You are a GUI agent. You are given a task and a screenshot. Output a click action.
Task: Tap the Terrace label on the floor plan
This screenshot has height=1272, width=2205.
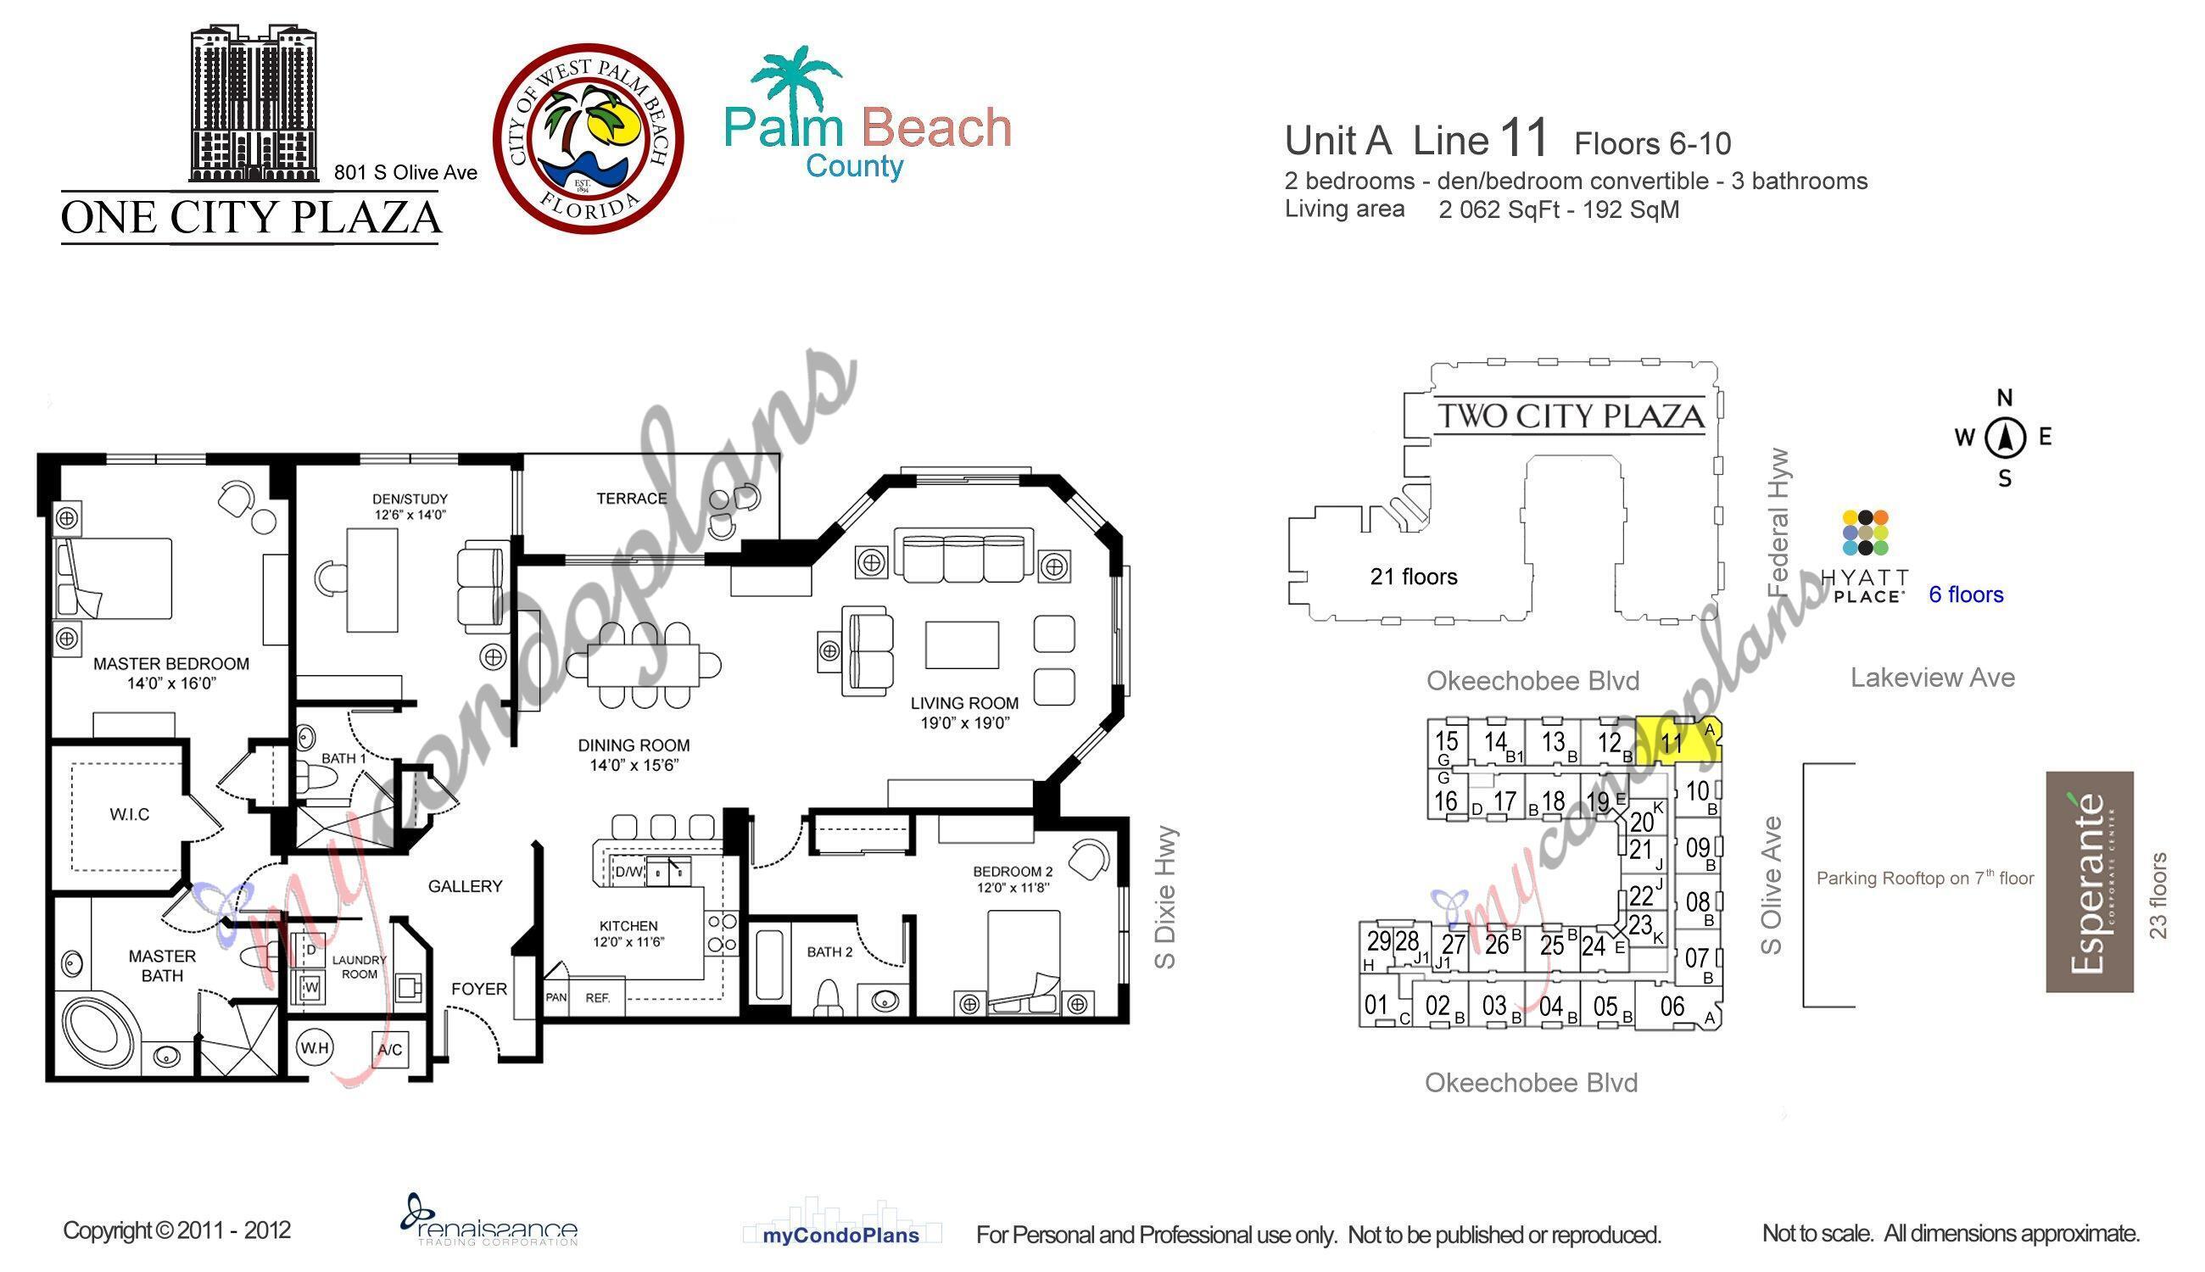click(631, 499)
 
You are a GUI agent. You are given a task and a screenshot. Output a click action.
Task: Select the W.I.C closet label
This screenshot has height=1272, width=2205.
click(129, 814)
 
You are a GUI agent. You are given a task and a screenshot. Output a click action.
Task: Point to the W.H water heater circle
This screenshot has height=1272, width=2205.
click(315, 1047)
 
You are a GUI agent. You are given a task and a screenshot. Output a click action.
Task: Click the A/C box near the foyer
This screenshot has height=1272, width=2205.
click(389, 1048)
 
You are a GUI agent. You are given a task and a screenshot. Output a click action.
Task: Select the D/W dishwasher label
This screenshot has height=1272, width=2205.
click(628, 871)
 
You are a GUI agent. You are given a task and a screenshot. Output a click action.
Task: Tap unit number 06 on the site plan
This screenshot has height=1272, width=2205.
click(1672, 1006)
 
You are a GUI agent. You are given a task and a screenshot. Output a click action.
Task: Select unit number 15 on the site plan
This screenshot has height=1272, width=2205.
click(1447, 741)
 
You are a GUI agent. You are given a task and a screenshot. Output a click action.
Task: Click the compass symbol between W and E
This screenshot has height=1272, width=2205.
click(2005, 438)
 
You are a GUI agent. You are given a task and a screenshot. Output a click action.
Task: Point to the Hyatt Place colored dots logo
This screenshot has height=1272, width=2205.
click(1865, 533)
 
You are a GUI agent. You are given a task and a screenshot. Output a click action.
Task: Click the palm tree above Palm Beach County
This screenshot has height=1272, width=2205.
click(794, 83)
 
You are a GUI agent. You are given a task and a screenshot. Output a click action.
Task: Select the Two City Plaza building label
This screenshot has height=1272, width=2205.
click(1570, 416)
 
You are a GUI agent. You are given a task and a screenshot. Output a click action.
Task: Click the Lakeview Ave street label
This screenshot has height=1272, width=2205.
click(1933, 677)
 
